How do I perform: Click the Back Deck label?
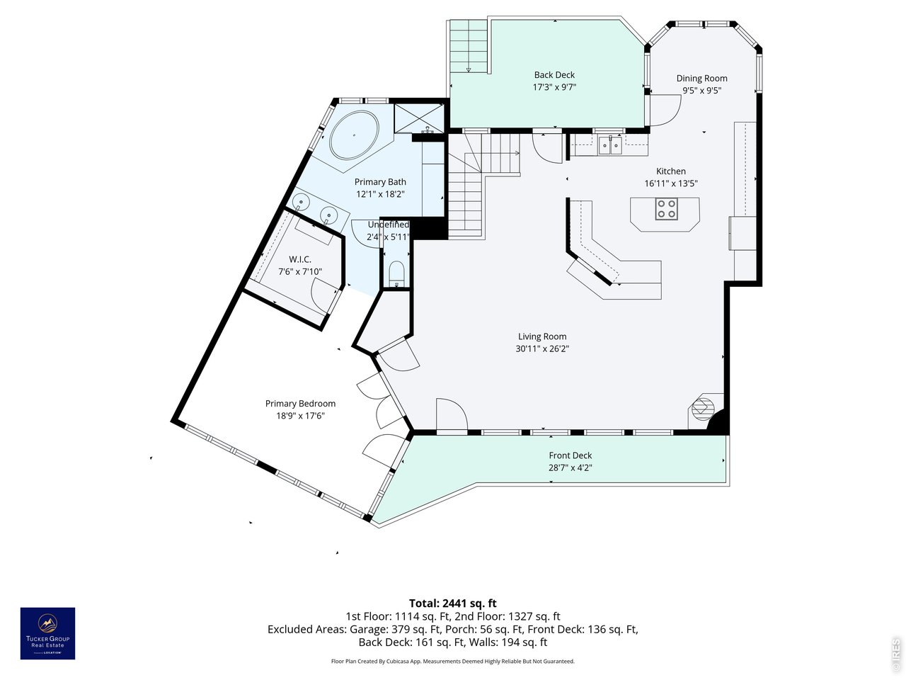point(554,75)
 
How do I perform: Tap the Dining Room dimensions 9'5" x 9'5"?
point(701,91)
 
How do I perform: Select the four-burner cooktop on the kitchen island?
point(667,208)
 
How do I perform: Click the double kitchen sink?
point(610,145)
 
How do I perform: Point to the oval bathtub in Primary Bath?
point(354,135)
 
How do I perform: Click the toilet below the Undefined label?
point(396,273)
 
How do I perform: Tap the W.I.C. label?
point(300,259)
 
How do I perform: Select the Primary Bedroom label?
point(300,403)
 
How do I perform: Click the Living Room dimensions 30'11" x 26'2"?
point(542,348)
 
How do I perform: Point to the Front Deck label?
point(570,455)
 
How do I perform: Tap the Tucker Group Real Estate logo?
point(48,633)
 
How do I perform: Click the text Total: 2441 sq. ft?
point(453,603)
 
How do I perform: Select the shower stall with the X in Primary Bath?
point(418,118)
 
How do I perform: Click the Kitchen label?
point(671,171)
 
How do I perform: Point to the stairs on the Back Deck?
point(469,46)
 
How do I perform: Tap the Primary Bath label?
point(380,181)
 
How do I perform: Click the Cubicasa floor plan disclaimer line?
point(453,661)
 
